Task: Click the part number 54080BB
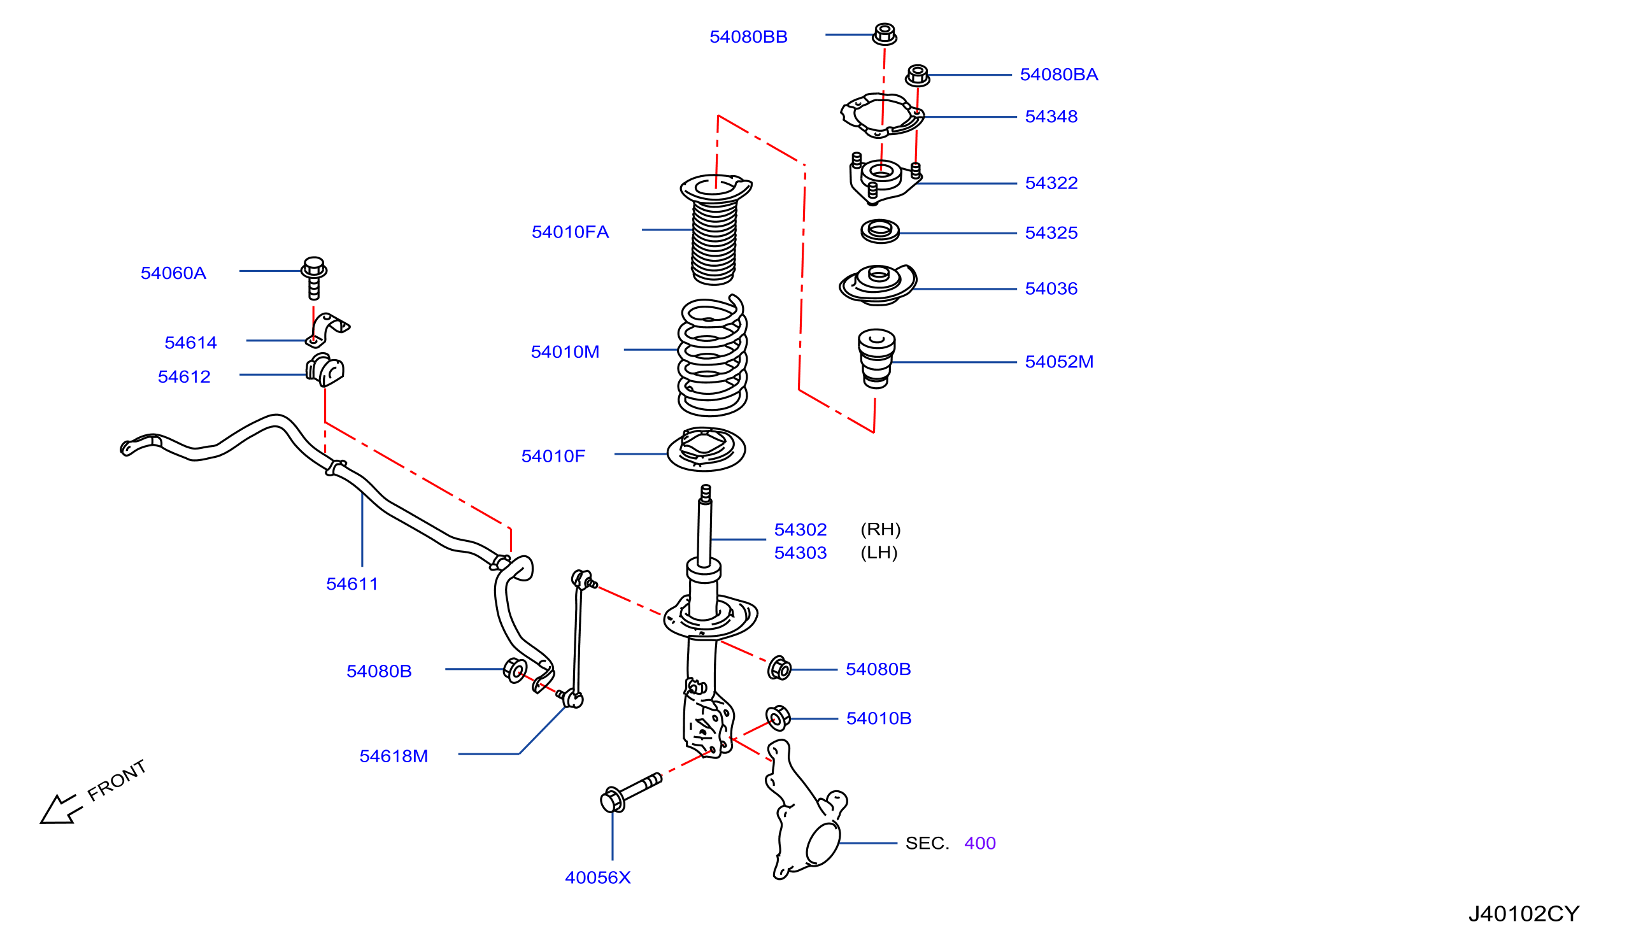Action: pos(748,37)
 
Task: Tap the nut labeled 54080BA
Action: pos(917,75)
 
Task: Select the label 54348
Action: pos(1051,117)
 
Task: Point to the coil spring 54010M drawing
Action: pos(712,355)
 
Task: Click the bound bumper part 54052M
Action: pos(877,359)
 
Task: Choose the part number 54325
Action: pos(1051,233)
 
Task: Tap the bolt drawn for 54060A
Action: pos(313,278)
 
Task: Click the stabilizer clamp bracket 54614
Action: pos(327,330)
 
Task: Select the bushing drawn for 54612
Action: pos(324,370)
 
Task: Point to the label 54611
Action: pos(352,584)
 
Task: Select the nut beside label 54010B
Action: pos(778,718)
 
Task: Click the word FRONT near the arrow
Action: pos(117,780)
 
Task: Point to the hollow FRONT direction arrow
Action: pos(60,809)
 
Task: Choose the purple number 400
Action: pos(980,844)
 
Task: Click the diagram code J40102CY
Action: pos(1524,914)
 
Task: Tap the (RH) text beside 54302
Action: pos(881,530)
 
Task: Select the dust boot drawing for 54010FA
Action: pos(715,230)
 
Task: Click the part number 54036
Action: pos(1051,289)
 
